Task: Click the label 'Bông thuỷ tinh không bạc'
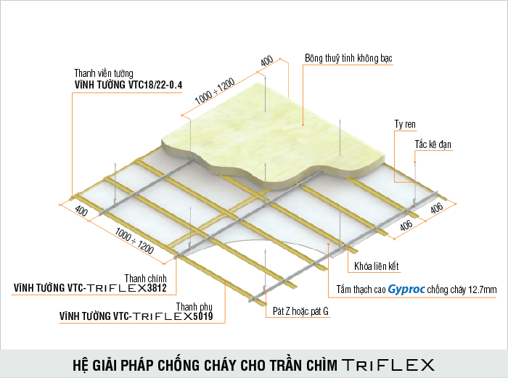(x=348, y=58)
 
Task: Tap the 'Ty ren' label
(x=405, y=124)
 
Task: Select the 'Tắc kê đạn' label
(x=433, y=144)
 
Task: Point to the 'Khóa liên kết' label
(x=376, y=266)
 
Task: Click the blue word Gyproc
(x=406, y=289)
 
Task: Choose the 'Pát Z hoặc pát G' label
(x=300, y=311)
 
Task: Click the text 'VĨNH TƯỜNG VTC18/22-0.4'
(x=128, y=85)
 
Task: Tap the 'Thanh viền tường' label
(x=104, y=73)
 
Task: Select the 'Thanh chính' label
(x=145, y=278)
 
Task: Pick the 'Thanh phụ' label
(x=194, y=307)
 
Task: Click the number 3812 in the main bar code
(x=157, y=287)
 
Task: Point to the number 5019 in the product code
(x=202, y=316)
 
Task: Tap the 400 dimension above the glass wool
(x=266, y=60)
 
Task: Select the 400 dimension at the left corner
(x=81, y=211)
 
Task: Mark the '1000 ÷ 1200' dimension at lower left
(x=134, y=240)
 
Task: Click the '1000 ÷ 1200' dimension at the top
(x=215, y=91)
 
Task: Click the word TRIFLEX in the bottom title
(x=388, y=365)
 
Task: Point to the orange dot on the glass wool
(x=303, y=125)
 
